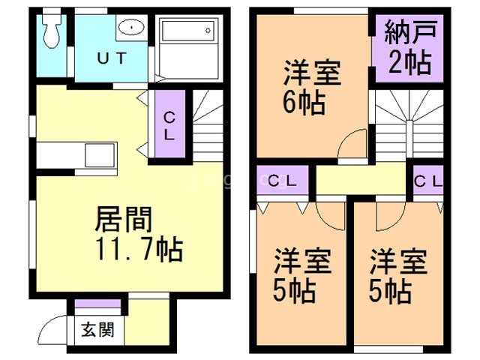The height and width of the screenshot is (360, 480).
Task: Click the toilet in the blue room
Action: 52,29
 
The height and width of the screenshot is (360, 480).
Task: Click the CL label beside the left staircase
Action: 170,126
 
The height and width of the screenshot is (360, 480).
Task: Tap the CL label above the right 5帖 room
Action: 427,181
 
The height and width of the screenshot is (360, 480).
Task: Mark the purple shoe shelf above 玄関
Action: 98,304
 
